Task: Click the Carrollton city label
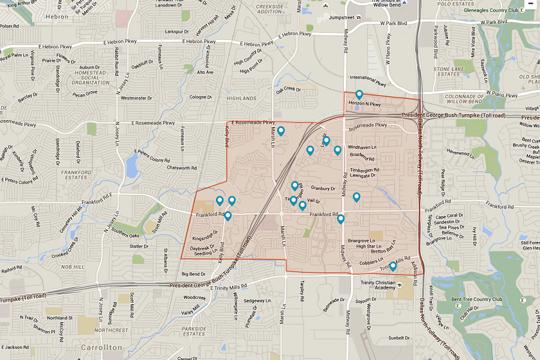pyautogui.click(x=102, y=347)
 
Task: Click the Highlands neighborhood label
pyautogui.click(x=242, y=98)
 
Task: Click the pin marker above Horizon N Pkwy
pyautogui.click(x=359, y=94)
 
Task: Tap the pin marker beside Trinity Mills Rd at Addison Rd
pyautogui.click(x=392, y=266)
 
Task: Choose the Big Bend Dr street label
pyautogui.click(x=194, y=274)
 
